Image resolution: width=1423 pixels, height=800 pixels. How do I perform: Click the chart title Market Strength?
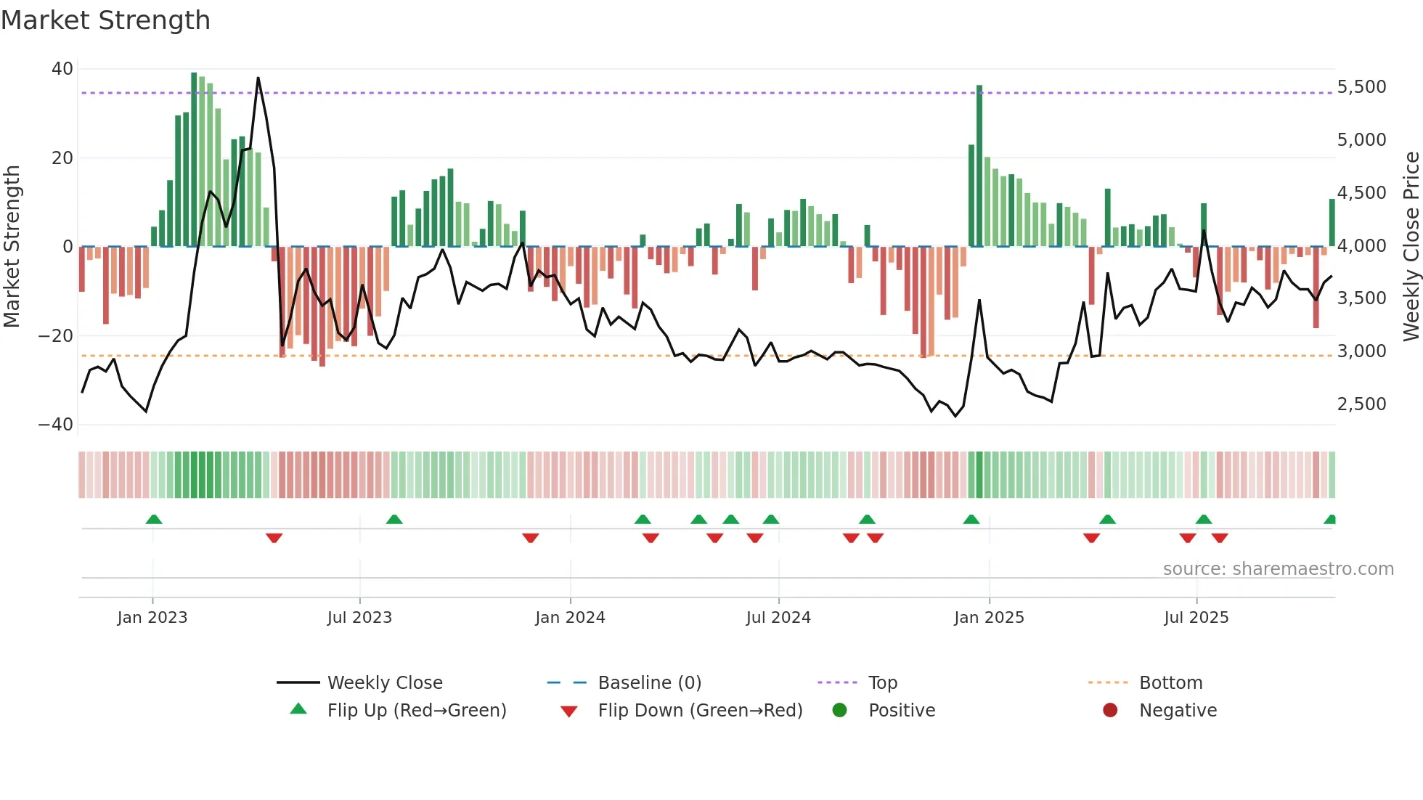105,20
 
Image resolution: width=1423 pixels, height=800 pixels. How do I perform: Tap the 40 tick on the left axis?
62,69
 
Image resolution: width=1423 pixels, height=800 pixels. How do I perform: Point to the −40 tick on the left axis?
57,425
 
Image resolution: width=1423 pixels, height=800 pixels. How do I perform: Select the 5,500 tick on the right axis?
1361,87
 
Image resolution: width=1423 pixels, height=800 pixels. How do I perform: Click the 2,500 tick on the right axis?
1361,404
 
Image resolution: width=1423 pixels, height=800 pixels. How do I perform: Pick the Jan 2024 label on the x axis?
570,618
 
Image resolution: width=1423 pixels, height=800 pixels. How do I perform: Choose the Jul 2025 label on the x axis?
1196,618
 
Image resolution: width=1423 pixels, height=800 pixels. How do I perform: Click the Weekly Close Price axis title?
1411,247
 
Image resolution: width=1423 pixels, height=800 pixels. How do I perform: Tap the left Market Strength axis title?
12,247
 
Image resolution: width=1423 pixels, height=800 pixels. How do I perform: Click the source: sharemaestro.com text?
1278,569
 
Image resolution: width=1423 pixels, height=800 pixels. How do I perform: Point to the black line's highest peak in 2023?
258,78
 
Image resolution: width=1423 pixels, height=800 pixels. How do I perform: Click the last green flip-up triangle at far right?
1330,520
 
